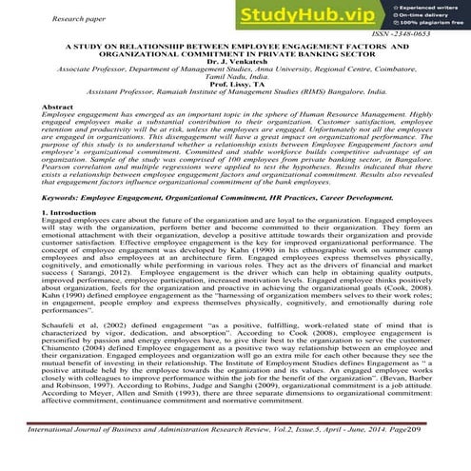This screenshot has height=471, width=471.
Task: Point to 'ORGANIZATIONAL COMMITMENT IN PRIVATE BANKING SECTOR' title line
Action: (236, 52)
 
